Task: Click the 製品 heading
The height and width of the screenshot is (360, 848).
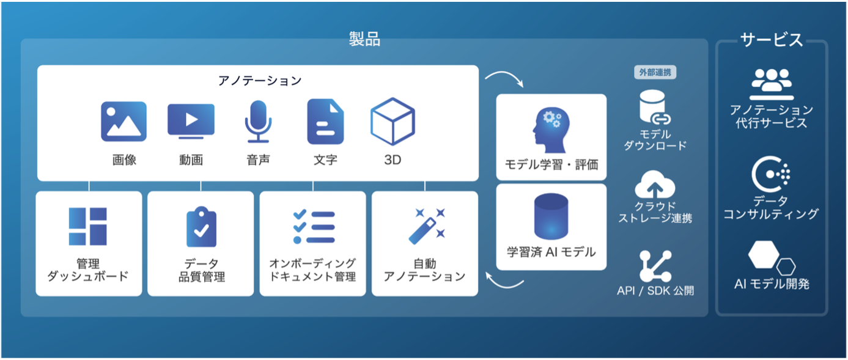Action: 364,39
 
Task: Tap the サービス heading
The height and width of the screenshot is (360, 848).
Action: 772,40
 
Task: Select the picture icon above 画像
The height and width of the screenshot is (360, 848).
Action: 124,122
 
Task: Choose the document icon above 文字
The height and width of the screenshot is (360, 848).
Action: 325,122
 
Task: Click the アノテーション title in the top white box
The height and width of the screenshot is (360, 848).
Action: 259,81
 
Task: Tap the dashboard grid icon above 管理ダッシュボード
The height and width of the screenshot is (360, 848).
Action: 88,226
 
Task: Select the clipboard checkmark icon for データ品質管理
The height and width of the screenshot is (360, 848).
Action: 201,226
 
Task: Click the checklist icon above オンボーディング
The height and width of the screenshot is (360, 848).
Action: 314,227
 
